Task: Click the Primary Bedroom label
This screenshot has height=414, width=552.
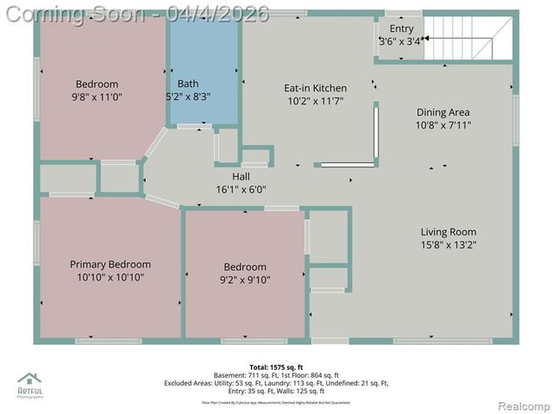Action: point(110,265)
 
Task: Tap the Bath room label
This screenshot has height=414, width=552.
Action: point(188,84)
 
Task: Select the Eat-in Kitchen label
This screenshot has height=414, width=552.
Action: point(316,88)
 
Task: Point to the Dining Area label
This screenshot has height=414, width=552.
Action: point(443,112)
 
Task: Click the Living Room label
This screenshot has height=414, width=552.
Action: point(448,232)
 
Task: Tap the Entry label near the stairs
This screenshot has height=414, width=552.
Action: point(401,28)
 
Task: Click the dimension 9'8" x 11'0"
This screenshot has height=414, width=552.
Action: point(97,97)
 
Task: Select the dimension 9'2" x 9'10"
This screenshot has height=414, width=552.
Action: point(245,279)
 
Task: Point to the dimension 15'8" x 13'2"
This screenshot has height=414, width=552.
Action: point(448,245)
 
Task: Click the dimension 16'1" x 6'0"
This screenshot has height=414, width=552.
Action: point(241,189)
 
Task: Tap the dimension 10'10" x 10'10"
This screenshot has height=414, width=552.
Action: point(110,278)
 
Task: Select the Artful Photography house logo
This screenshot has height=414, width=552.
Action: point(30,379)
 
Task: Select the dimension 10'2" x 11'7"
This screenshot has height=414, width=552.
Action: point(316,101)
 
